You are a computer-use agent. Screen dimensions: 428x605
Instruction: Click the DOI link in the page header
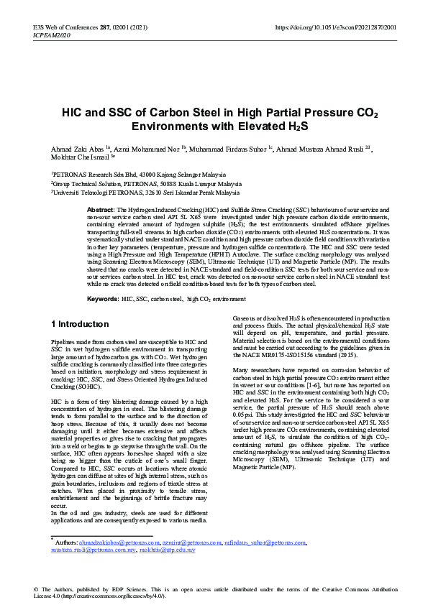point(336,27)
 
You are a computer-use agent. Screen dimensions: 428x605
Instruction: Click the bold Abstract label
point(101,208)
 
